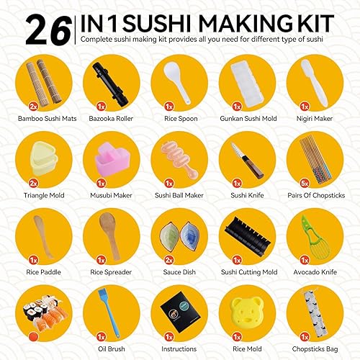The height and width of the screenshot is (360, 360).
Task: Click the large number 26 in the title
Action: tap(49, 30)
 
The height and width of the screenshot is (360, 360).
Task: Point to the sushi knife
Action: tap(247, 161)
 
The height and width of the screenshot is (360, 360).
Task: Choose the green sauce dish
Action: tap(169, 237)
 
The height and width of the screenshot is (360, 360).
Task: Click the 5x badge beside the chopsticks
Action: tap(305, 184)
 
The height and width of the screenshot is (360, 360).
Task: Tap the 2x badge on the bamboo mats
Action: tap(33, 107)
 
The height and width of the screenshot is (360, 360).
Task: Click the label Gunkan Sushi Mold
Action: tap(248, 119)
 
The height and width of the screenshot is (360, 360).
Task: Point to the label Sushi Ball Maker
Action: tap(179, 195)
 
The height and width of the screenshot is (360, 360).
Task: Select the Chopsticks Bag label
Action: tap(315, 349)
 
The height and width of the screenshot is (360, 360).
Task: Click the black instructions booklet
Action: tap(181, 312)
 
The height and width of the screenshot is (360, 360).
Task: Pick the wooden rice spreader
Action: tap(109, 235)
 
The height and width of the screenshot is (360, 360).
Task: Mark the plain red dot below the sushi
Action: tap(33, 336)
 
